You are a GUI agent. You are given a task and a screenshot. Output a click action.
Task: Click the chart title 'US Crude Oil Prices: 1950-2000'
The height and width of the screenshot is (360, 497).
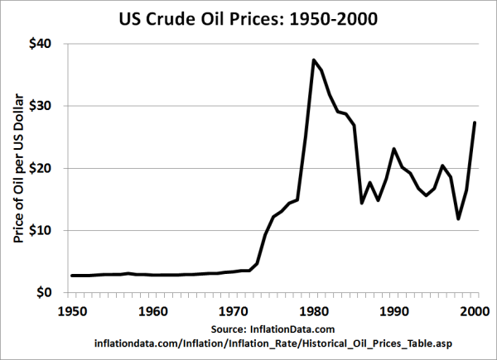click(x=248, y=18)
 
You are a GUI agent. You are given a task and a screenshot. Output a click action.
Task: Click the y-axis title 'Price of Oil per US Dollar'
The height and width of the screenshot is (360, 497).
click(x=18, y=168)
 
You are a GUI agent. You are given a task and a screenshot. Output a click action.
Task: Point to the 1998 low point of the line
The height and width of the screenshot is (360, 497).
click(x=460, y=218)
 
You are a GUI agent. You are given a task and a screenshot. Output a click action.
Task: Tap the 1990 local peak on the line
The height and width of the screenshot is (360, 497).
click(x=395, y=149)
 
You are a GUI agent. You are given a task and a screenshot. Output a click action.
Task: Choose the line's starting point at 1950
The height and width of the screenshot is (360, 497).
click(x=73, y=276)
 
